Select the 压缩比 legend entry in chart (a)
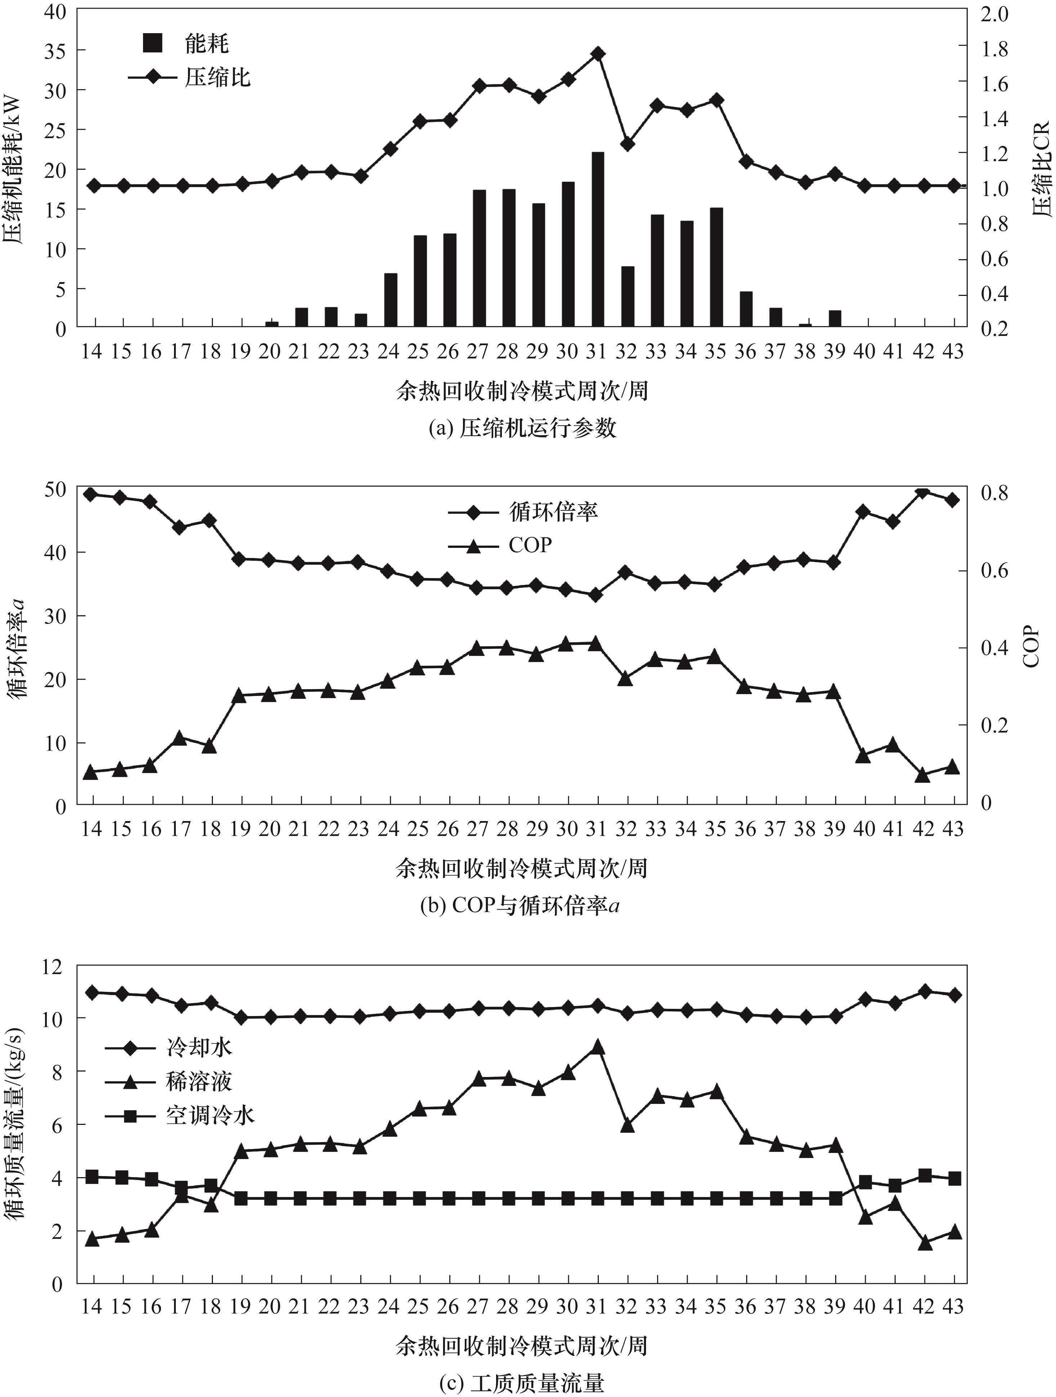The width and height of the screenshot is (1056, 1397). [x=190, y=77]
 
